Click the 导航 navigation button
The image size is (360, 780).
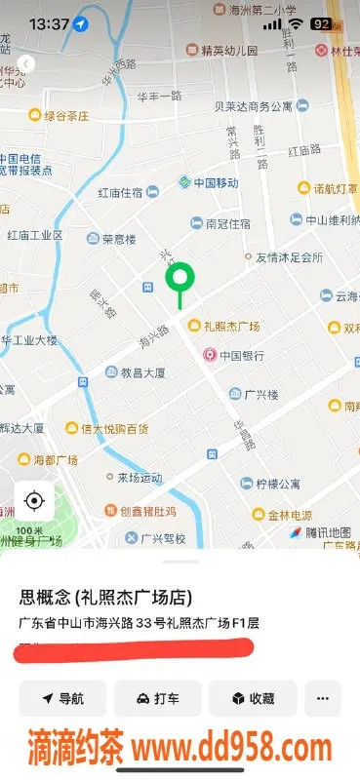coord(62,698)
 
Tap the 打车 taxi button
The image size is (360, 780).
coord(157,698)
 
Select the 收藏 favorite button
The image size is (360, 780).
coord(252,698)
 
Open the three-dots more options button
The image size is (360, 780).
coord(323,698)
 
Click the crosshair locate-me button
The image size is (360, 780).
coord(34,501)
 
